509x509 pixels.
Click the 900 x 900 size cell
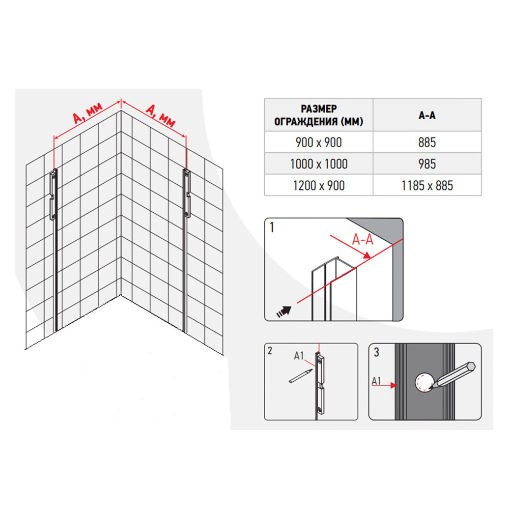[319, 142]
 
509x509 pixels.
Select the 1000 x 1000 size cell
[319, 164]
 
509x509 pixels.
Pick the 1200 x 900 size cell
[319, 186]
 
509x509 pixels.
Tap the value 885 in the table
[427, 142]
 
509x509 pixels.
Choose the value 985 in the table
[427, 164]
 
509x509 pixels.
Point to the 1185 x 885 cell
[427, 186]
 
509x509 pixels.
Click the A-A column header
[427, 115]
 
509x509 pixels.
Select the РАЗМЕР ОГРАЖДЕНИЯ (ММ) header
[319, 115]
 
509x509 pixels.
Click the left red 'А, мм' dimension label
[88, 113]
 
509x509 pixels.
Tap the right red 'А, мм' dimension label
[160, 115]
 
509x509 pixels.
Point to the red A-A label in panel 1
[362, 240]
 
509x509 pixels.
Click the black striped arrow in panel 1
[284, 311]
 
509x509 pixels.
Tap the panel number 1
[272, 228]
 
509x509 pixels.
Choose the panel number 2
[270, 351]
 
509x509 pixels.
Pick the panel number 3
[376, 352]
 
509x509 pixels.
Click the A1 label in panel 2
[299, 356]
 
